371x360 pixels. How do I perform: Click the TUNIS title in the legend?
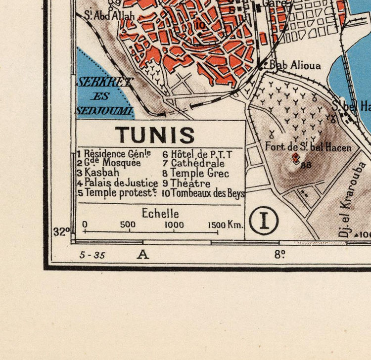155,135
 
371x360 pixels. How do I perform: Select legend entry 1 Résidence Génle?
114,154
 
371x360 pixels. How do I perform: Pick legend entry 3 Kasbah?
98,173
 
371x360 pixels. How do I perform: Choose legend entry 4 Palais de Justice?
117,183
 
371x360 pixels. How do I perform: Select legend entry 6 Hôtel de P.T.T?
197,154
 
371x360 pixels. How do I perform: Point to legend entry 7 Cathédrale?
193,163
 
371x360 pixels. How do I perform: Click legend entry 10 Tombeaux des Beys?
203,193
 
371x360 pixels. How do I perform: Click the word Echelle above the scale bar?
160,214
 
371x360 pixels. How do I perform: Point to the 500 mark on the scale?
128,225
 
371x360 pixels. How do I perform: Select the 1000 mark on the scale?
174,225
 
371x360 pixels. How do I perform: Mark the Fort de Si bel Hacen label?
308,147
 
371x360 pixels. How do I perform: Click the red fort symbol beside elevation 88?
295,158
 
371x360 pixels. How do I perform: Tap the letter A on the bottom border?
143,255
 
